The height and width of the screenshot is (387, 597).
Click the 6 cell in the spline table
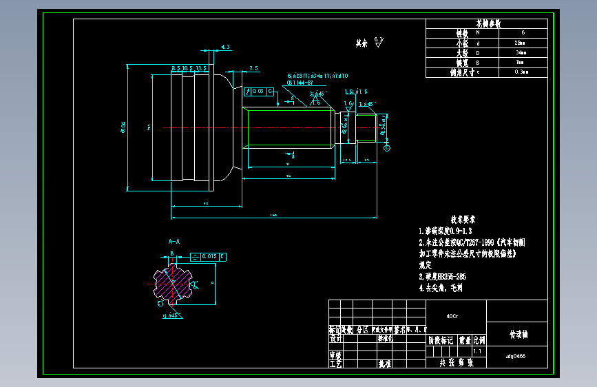[x=523, y=32]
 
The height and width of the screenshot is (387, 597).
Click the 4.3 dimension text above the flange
[x=225, y=47]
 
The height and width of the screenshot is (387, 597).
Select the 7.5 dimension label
[x=253, y=68]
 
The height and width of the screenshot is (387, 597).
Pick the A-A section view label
[x=174, y=242]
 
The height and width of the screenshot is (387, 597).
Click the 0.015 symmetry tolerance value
[x=209, y=257]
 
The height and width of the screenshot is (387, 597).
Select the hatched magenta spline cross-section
[x=173, y=283]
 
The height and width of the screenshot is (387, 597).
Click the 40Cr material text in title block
[x=452, y=317]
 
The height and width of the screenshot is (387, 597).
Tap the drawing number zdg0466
[x=516, y=356]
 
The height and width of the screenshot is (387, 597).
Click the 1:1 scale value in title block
[x=478, y=351]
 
